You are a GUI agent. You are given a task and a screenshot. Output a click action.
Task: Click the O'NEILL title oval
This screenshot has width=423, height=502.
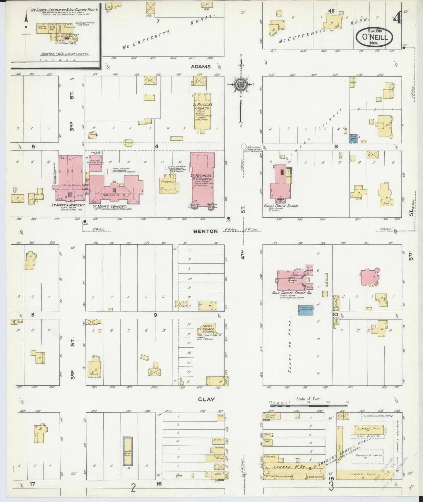tap(374, 37)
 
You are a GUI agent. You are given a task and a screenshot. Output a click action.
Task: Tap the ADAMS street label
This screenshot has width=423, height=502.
tap(201, 66)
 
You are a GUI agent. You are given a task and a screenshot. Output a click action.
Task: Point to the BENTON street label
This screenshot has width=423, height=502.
tap(205, 231)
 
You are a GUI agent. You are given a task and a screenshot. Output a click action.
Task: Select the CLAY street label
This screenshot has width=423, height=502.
tap(206, 399)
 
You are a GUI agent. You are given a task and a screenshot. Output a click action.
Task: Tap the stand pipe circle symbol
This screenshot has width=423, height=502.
tap(243, 146)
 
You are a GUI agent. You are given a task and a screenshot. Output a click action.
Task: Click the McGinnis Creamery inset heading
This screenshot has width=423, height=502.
tap(64, 10)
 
